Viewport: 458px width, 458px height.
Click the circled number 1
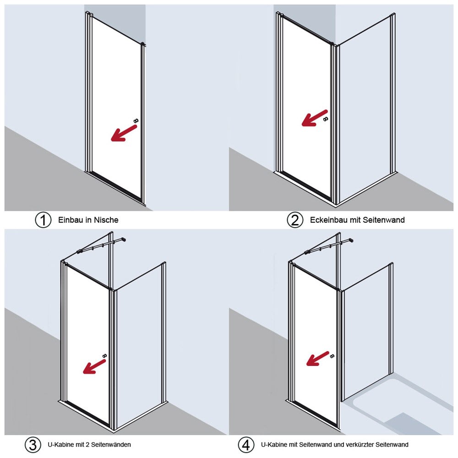coord(43,220)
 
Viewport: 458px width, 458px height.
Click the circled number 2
coord(295,220)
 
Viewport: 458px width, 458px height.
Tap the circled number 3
coord(33,445)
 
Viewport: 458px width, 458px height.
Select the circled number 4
coord(246,445)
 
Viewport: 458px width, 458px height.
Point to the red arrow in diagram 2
coord(315,118)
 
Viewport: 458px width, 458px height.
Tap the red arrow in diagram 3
coord(94,366)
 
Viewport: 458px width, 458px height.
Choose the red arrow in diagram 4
coord(317,359)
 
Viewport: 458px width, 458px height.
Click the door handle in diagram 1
coord(136,120)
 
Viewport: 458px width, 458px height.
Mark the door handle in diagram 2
coord(326,119)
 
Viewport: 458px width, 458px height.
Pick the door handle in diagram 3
coord(104,356)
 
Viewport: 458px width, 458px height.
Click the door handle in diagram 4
coord(332,356)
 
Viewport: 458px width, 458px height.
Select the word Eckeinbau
coord(328,220)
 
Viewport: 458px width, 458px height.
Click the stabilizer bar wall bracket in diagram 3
coord(124,240)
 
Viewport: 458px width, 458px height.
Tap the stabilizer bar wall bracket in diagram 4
coord(351,240)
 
